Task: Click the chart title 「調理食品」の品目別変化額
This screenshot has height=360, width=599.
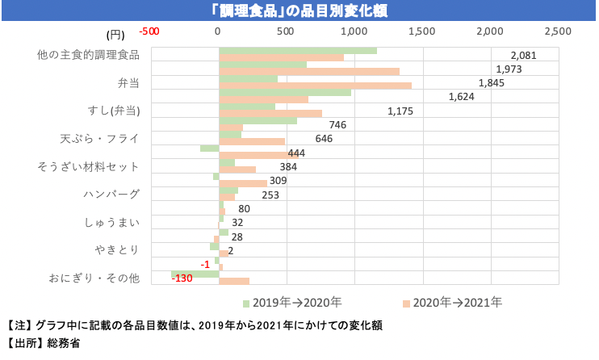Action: click(299, 10)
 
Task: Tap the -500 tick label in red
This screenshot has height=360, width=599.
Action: click(149, 31)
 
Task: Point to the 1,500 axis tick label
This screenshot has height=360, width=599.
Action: click(421, 31)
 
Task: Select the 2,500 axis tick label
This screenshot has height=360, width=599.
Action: click(558, 31)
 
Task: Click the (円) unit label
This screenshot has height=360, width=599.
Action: click(115, 34)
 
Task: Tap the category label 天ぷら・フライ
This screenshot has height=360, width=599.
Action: click(100, 138)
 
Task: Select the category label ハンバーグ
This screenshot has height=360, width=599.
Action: click(111, 194)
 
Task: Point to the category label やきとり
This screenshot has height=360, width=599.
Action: click(118, 249)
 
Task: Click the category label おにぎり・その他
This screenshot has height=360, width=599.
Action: click(94, 278)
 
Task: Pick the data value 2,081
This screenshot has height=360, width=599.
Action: click(523, 56)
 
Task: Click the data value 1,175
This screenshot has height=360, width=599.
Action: click(400, 111)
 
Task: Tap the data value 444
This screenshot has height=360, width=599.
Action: click(296, 153)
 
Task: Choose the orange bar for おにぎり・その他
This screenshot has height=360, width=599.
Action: click(234, 282)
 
